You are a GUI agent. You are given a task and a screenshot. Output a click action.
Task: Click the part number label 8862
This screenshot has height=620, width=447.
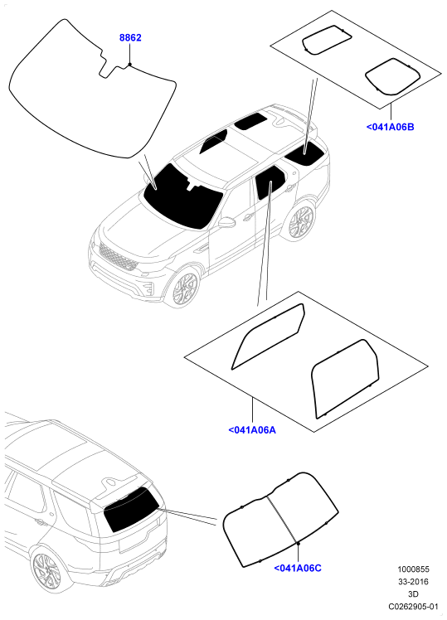pos(130,38)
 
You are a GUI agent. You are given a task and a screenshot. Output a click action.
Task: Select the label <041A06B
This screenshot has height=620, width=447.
pos(390,128)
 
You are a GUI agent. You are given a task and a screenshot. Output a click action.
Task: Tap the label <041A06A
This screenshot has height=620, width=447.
pos(252,430)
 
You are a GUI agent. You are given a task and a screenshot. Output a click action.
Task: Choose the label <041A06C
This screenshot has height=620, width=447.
pos(298,569)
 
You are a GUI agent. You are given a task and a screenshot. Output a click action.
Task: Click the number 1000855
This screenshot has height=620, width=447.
pos(413,569)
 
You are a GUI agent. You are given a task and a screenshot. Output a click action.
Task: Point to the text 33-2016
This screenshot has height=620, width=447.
pos(413,582)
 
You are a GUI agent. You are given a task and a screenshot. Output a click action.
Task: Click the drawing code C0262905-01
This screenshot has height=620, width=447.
pos(413,606)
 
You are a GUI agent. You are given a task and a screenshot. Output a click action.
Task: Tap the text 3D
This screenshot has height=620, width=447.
pos(413,594)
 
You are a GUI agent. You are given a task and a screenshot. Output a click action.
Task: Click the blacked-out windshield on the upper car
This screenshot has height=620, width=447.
pos(182,198)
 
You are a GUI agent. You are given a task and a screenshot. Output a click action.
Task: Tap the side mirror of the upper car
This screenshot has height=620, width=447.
pos(226,222)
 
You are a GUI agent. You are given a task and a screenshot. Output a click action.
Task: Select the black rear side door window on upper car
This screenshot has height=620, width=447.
pos(270,182)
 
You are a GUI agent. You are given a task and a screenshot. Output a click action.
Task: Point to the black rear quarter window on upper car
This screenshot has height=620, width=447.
pos(306,153)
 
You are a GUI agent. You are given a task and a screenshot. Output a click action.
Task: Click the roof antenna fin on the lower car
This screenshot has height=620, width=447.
pos(110,482)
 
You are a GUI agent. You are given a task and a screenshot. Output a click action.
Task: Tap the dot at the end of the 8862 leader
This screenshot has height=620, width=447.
pos(129,64)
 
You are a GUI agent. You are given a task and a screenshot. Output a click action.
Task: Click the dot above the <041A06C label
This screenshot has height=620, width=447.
pos(299,544)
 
